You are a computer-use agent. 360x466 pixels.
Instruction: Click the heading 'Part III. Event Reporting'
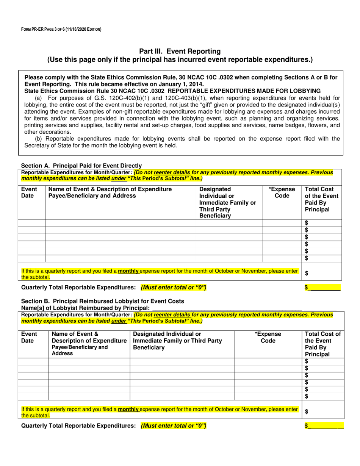(x=180, y=51)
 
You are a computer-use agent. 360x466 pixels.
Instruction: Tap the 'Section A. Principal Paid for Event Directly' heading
(x=81, y=166)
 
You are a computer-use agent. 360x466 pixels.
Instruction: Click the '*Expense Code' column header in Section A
(x=282, y=192)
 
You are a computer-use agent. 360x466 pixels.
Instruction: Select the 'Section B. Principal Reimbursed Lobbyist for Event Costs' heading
(x=103, y=301)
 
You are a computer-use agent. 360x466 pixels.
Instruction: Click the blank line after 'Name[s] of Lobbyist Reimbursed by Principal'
(x=227, y=308)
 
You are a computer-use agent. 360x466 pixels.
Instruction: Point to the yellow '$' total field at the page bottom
(x=324, y=426)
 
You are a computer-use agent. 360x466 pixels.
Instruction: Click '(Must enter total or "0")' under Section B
(x=174, y=426)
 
